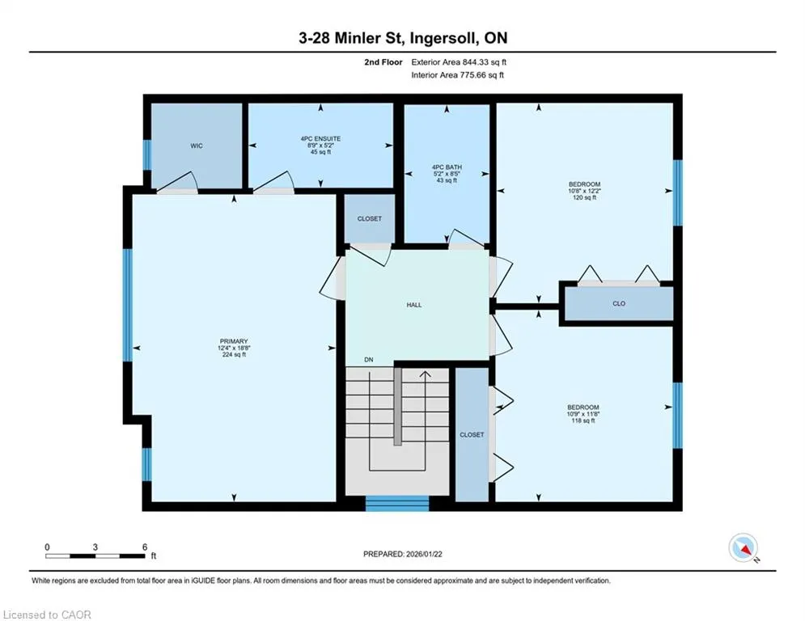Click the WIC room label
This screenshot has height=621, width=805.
point(196,146)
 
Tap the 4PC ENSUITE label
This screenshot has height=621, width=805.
point(321,138)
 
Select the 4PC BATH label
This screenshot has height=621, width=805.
point(447,167)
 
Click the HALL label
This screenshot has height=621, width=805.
point(414,305)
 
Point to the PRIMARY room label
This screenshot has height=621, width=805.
point(234,341)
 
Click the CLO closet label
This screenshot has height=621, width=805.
point(619,303)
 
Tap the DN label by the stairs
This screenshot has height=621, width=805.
point(369,360)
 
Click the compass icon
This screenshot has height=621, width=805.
point(744,547)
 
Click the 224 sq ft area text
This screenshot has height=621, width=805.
point(234,355)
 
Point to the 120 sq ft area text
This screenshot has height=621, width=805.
point(584,197)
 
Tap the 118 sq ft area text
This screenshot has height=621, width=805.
point(583,420)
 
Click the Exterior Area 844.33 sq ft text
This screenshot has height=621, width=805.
point(459,62)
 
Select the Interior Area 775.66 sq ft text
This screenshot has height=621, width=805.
point(457,75)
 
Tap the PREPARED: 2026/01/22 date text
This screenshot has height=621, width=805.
point(403,554)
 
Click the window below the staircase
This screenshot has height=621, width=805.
point(397,504)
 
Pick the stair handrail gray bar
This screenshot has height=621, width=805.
point(397,406)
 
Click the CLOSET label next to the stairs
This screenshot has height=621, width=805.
point(472,435)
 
